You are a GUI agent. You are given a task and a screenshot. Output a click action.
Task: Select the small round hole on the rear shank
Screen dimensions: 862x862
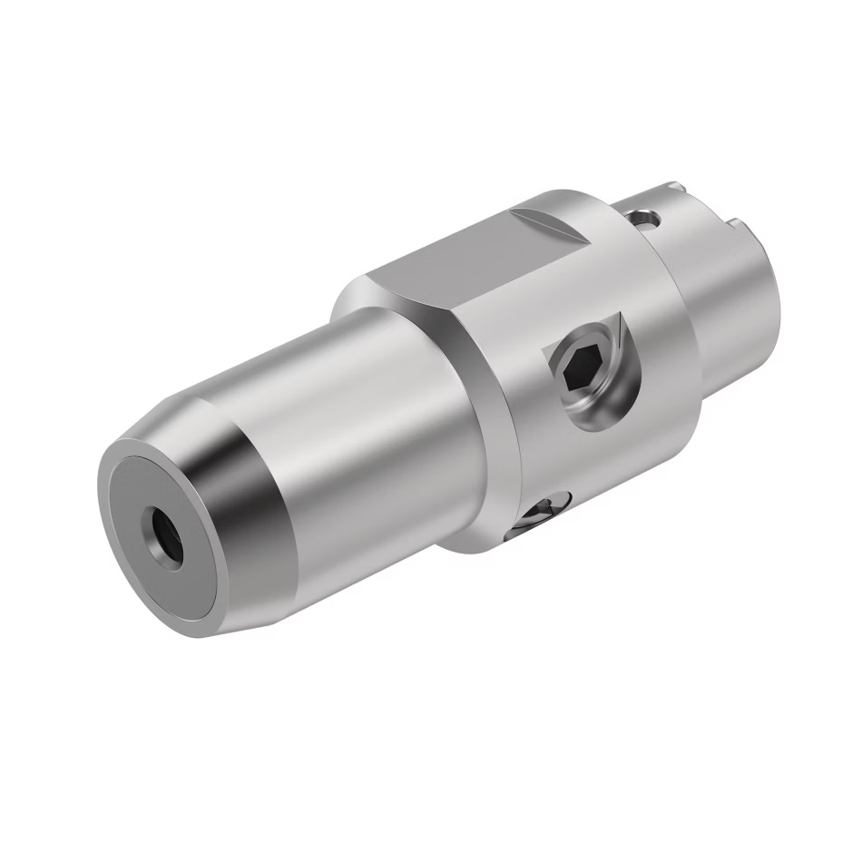coord(643,217)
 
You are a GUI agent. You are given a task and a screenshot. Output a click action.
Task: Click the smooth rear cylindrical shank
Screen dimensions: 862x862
coord(735,299)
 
